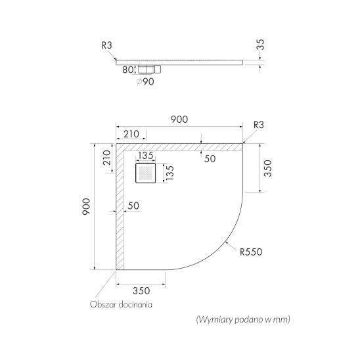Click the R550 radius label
click(x=251, y=252)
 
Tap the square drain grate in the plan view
click(x=146, y=173)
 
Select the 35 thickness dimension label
click(x=261, y=45)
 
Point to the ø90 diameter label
click(x=145, y=81)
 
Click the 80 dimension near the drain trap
click(x=128, y=70)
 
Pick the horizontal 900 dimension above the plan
click(x=179, y=120)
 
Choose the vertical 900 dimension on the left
click(x=86, y=207)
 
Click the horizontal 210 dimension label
click(x=131, y=134)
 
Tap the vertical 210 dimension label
click(x=107, y=158)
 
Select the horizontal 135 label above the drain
click(x=146, y=156)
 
